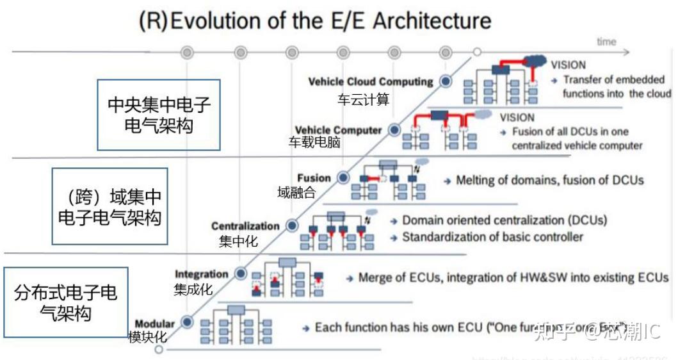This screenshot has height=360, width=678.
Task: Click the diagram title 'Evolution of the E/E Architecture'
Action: tap(331, 20)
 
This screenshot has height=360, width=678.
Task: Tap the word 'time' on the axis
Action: tap(606, 42)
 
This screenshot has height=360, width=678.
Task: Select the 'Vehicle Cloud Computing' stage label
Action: tap(371, 82)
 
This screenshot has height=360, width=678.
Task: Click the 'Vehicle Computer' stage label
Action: tap(338, 131)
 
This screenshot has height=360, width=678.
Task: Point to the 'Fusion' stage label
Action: tap(314, 178)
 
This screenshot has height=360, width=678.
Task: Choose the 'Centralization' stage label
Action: tap(245, 226)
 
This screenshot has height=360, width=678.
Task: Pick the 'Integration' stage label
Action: tap(201, 274)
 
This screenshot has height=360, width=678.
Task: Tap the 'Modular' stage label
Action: tap(154, 323)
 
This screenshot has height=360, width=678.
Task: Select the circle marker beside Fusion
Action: tap(343, 177)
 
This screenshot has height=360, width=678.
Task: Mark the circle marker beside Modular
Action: tap(186, 322)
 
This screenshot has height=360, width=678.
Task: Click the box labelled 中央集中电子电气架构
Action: tap(158, 115)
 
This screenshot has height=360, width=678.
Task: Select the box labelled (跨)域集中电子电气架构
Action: tap(109, 206)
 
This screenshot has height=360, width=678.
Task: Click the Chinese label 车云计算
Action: tap(363, 99)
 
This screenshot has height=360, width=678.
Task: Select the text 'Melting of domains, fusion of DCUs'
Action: tap(549, 180)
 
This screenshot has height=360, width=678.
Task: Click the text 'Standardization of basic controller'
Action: tap(492, 237)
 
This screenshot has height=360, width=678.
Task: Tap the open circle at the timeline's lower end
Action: tap(159, 350)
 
